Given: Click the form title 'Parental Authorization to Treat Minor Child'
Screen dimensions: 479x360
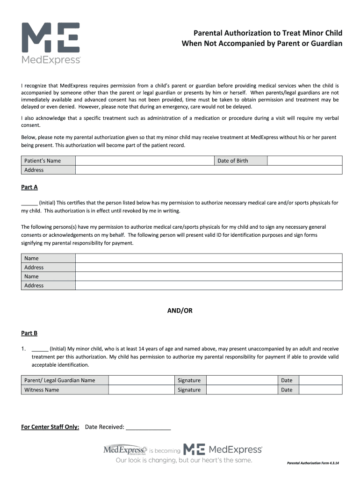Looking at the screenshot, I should pyautogui.click(x=268, y=33).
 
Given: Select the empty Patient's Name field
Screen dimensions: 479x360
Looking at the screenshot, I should pyautogui.click(x=144, y=161).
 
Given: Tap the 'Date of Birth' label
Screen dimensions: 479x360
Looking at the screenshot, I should pyautogui.click(x=233, y=161).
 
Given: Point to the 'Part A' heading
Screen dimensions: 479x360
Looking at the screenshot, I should pyautogui.click(x=29, y=187).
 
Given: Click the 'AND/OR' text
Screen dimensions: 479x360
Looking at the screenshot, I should pyautogui.click(x=180, y=310).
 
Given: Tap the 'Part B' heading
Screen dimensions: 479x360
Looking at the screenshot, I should pyautogui.click(x=29, y=333).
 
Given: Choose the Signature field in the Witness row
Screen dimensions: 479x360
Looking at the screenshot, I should pyautogui.click(x=242, y=390).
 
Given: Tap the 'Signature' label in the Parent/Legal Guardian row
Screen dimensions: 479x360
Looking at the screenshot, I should pyautogui.click(x=189, y=380).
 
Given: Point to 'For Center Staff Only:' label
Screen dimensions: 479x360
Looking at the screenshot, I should pyautogui.click(x=50, y=427).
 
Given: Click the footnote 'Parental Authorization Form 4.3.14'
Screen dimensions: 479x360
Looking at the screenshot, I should pyautogui.click(x=313, y=463).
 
